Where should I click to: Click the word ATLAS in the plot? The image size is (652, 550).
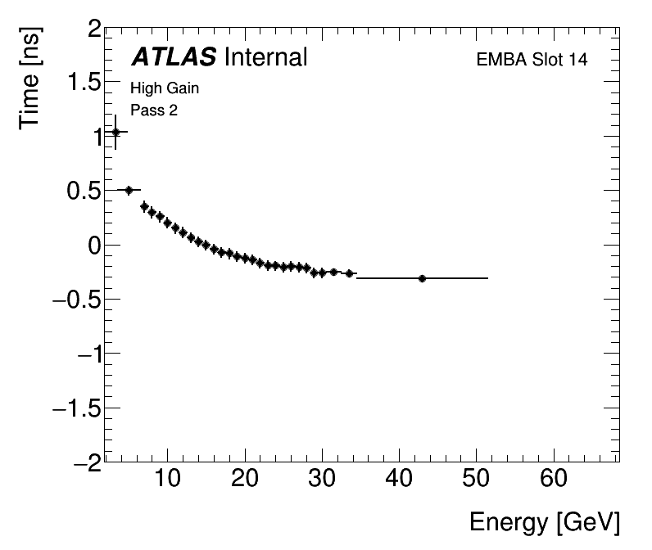[174, 57]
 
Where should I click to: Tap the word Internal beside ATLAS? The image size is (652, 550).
[265, 57]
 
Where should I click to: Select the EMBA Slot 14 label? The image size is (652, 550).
[532, 60]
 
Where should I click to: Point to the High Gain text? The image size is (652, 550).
[165, 88]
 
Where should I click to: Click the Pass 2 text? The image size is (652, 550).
[154, 110]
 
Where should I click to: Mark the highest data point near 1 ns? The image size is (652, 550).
[115, 132]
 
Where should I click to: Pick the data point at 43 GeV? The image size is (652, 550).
[422, 278]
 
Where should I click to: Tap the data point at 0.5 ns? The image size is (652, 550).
[129, 190]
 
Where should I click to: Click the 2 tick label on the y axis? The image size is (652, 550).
[95, 29]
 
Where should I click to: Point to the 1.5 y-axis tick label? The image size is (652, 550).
[84, 83]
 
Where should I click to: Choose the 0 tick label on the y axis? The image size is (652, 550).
[95, 245]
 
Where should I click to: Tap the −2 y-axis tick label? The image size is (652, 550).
[87, 462]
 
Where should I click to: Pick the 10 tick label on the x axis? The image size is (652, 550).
[167, 479]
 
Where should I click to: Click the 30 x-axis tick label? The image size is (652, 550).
[322, 479]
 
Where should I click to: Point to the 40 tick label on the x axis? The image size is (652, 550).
[399, 479]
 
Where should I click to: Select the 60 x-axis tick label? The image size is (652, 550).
[554, 479]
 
